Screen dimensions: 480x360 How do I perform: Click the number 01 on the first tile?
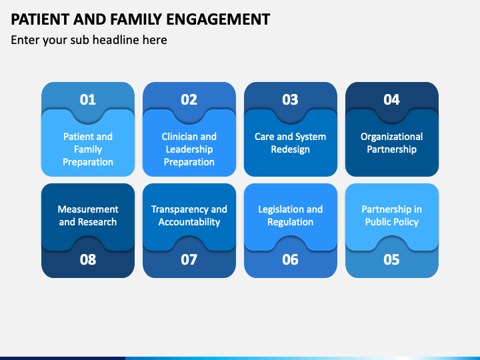pos(88,99)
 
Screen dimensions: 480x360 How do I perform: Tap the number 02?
pos(189,99)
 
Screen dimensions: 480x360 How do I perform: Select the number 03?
pos(290,99)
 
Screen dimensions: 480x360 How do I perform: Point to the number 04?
pos(391,99)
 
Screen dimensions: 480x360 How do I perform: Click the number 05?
pos(391,259)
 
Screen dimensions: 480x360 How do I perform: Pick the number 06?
pos(290,259)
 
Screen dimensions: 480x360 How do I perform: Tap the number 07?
pos(189,259)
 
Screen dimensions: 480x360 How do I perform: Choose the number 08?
pos(88,259)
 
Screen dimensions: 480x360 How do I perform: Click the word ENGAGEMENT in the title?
pos(218,19)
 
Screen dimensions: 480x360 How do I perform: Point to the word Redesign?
pos(290,150)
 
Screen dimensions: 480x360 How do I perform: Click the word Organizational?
pos(391,137)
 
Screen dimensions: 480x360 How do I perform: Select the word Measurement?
pos(88,209)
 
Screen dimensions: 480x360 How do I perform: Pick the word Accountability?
pos(189,222)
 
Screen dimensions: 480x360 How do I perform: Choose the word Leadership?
pos(189,150)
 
